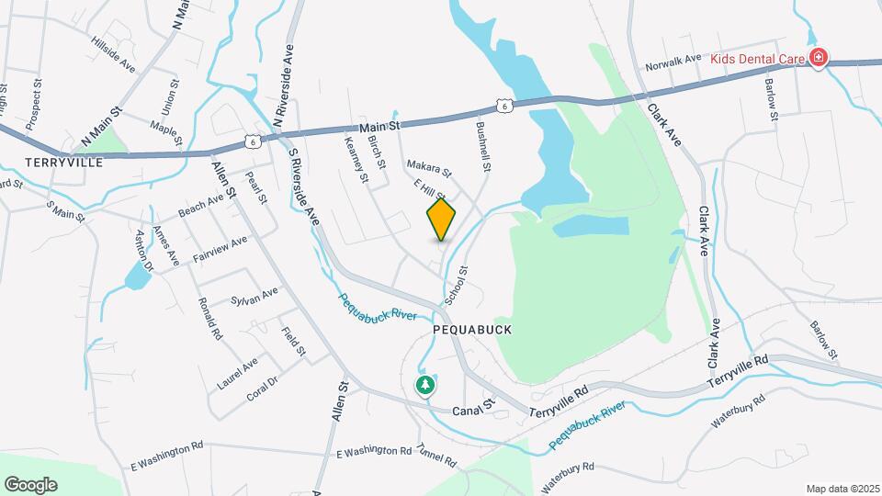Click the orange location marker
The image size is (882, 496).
tap(442, 220)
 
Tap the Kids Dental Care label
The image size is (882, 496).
tap(759, 59)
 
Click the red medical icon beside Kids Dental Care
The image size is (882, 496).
tap(818, 59)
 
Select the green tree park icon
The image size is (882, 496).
tap(424, 385)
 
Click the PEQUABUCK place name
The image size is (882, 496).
tap(471, 329)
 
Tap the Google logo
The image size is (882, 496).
tap(30, 485)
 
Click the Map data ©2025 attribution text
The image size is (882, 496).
tap(841, 489)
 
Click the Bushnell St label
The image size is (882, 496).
tap(483, 143)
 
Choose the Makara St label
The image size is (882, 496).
tap(430, 165)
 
